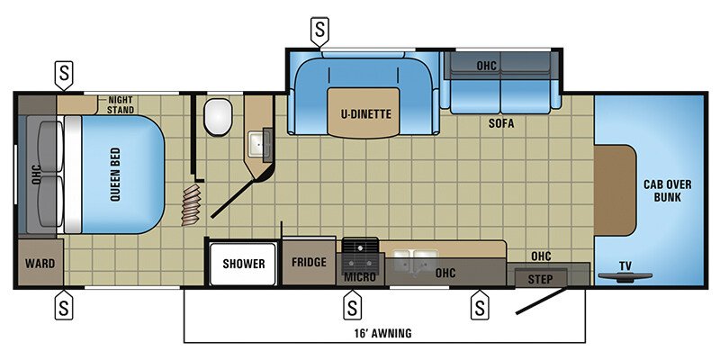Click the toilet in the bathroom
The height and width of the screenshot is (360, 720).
(x=218, y=116)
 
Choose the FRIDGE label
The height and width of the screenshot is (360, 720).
(x=309, y=264)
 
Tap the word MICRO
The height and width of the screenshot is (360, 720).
(x=359, y=276)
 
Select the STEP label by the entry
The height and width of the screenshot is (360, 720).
(x=541, y=277)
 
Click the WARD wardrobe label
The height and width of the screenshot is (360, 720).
(x=39, y=264)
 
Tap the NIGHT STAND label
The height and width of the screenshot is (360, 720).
(x=121, y=104)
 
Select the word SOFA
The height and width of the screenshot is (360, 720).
(x=501, y=124)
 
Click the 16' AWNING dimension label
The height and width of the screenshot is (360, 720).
(x=384, y=333)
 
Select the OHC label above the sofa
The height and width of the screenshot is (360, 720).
(x=487, y=65)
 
